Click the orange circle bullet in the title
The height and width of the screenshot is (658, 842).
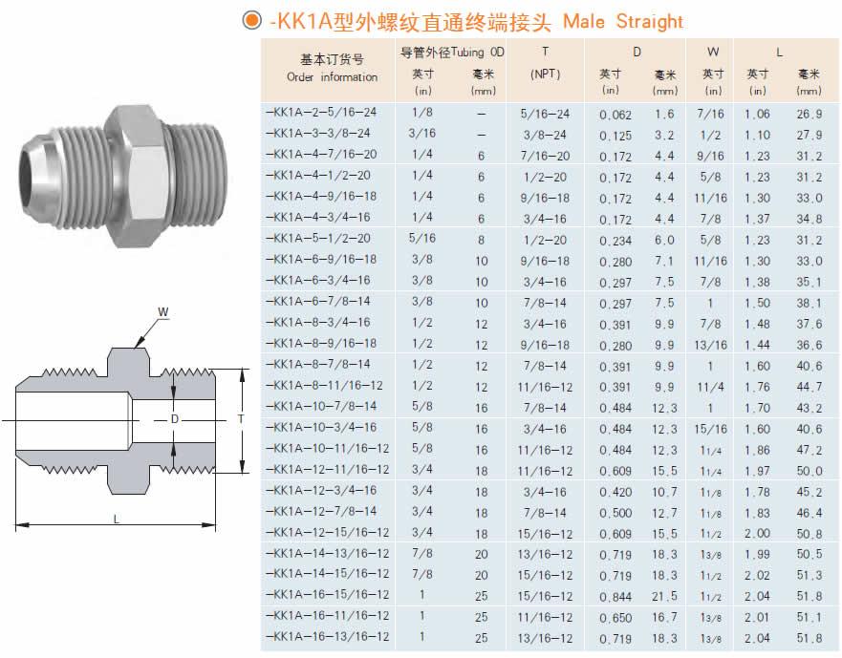click(x=252, y=20)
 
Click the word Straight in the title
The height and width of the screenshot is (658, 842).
click(x=649, y=21)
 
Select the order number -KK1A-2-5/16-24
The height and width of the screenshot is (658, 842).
click(x=321, y=112)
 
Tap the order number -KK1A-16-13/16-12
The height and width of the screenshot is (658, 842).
click(x=328, y=637)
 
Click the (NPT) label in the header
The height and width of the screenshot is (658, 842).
click(x=545, y=74)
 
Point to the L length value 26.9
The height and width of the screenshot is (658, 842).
click(x=810, y=115)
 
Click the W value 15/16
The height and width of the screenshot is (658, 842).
click(x=710, y=429)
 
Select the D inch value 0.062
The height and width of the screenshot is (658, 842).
click(x=615, y=115)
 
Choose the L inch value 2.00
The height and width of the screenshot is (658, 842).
click(x=757, y=534)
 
